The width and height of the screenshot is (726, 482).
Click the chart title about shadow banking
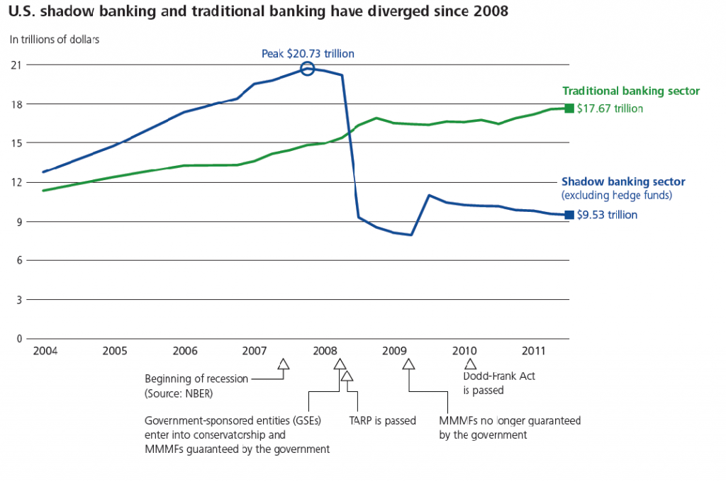click(x=259, y=13)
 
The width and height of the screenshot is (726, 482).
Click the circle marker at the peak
click(x=307, y=69)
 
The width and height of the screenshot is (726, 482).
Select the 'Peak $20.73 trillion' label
click(x=307, y=53)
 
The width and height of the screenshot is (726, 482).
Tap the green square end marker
click(x=569, y=108)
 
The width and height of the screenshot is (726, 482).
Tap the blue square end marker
click(x=569, y=215)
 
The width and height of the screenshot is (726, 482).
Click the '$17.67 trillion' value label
click(x=610, y=109)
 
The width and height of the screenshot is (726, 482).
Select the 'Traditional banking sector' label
click(x=631, y=91)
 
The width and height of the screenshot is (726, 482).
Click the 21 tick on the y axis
click(x=15, y=65)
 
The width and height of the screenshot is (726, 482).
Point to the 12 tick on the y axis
click(x=15, y=182)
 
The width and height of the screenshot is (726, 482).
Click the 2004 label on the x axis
click(x=44, y=352)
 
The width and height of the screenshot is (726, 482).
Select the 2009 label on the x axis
click(x=393, y=352)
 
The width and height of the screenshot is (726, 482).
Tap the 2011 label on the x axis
click(x=534, y=352)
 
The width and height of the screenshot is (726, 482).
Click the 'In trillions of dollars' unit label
click(x=55, y=39)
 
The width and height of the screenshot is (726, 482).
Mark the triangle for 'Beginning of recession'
click(x=284, y=365)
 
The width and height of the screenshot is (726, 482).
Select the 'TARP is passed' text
click(x=382, y=420)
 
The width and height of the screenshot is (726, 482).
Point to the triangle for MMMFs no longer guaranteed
click(x=408, y=365)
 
